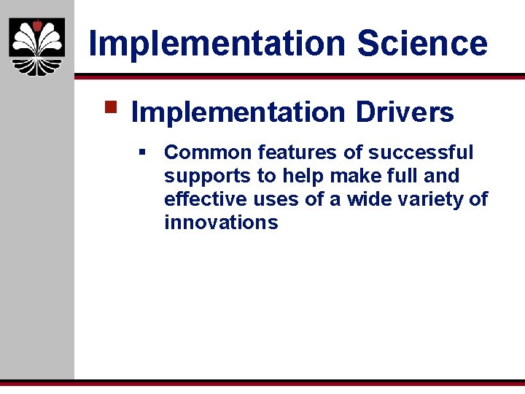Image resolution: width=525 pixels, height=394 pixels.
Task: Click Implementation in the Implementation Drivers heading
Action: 238,112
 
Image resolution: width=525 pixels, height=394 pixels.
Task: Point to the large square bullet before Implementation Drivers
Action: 111,108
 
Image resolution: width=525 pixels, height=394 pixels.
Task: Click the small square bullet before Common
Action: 143,152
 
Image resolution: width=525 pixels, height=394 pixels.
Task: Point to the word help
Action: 284,176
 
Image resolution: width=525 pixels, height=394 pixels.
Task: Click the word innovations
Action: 221,223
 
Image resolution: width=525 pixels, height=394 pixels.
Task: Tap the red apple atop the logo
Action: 36,26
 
